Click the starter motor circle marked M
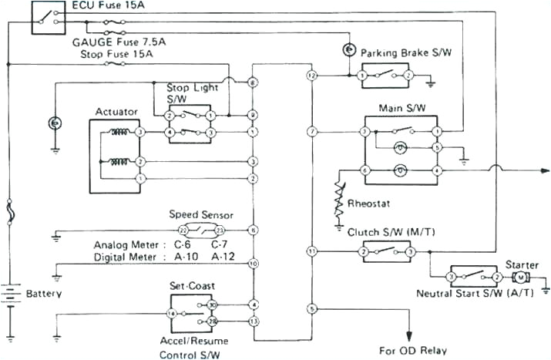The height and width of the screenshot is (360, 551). [520, 276]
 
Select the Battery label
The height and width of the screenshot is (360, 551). [44, 294]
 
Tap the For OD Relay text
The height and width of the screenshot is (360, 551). [412, 349]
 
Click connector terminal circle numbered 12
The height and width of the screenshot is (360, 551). [312, 76]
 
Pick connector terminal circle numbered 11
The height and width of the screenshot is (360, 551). [312, 251]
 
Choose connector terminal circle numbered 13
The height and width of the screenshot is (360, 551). [253, 321]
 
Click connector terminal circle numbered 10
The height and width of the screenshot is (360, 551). [253, 264]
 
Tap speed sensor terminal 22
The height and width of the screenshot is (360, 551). [183, 230]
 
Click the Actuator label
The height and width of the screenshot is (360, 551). [116, 112]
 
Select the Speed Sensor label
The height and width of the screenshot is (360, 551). [200, 214]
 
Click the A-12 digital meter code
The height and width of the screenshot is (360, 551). [224, 257]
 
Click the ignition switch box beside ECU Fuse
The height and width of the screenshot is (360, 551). [48, 17]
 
